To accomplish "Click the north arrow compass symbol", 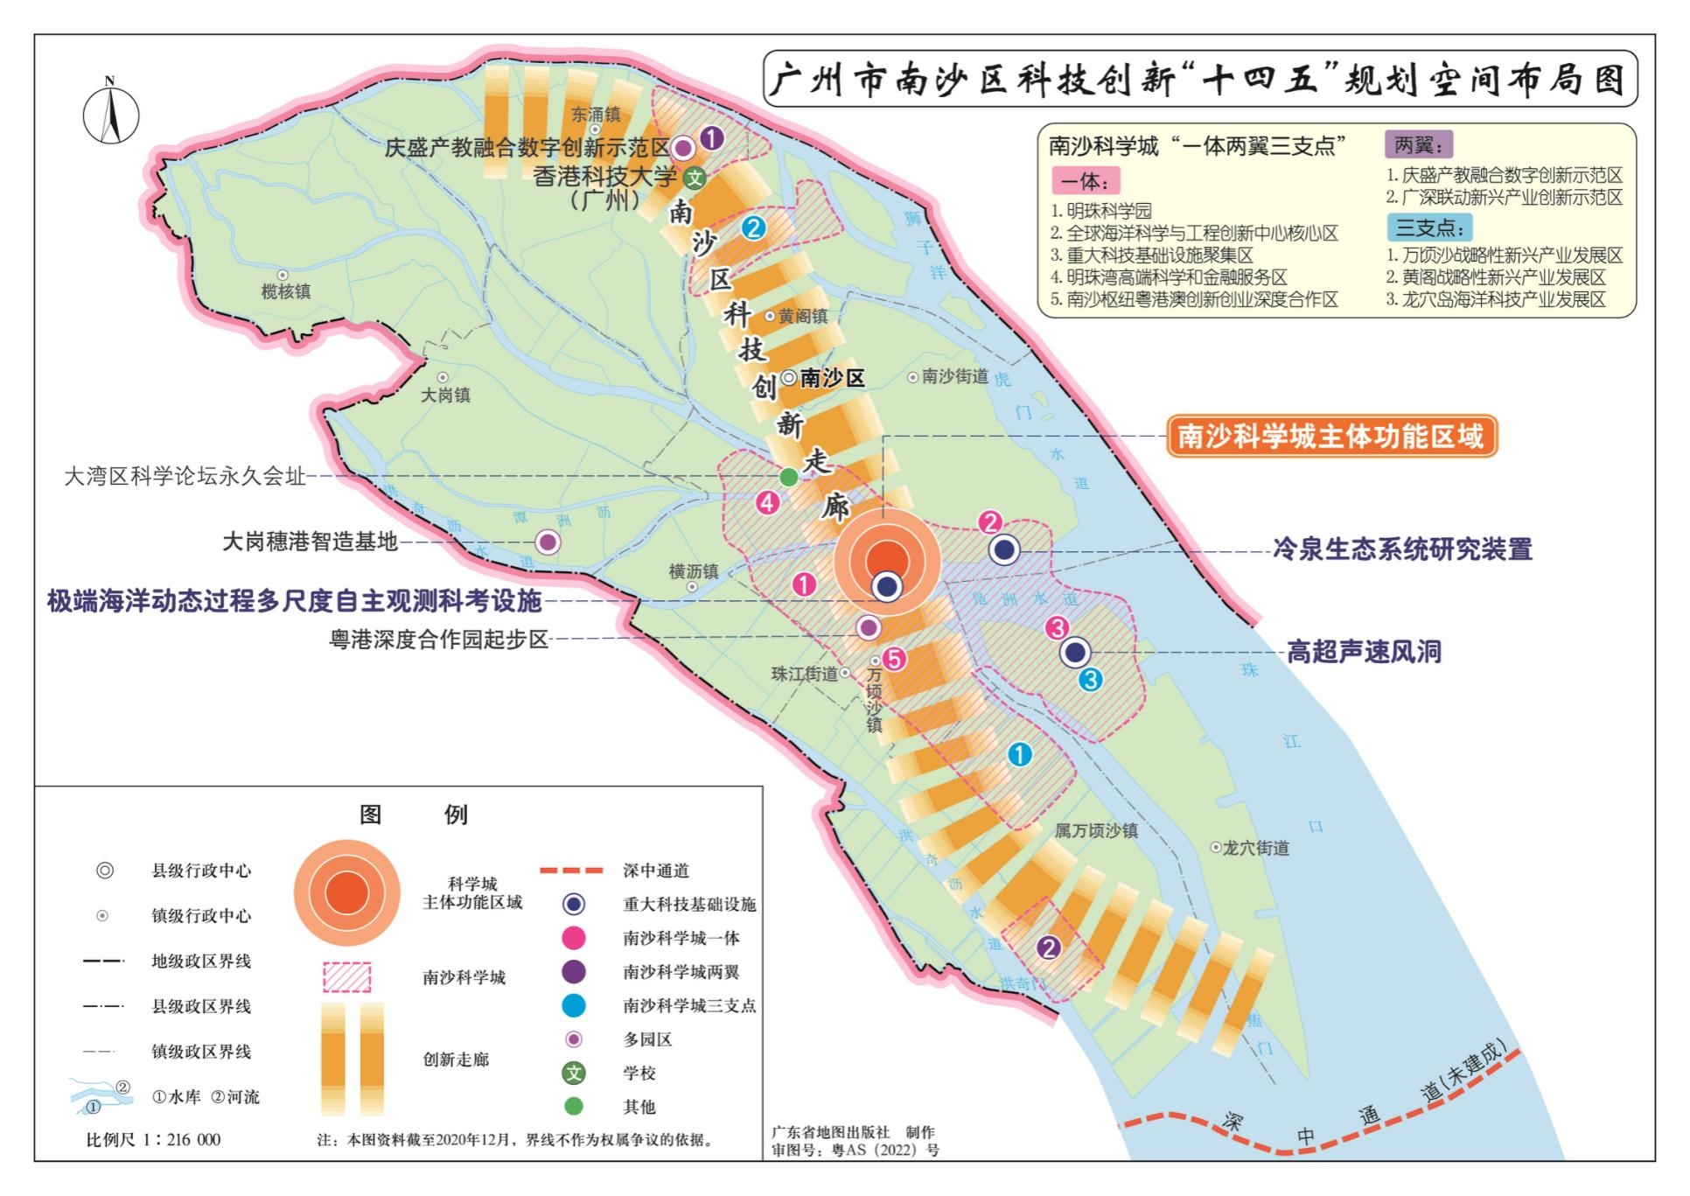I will (x=111, y=113).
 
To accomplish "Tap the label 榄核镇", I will (x=285, y=291).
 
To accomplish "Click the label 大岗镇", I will (x=445, y=395).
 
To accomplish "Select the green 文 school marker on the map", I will (x=695, y=178).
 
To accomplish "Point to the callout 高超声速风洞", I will (x=1364, y=652).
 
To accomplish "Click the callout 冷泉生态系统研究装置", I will (x=1402, y=549).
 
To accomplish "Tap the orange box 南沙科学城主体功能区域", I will (x=1330, y=437).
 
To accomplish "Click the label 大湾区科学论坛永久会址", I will (x=185, y=476).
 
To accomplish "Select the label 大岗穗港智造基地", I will (x=310, y=542).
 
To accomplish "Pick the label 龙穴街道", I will (x=1255, y=848).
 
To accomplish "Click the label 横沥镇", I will (x=694, y=571).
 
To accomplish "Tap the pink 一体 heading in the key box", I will (x=1085, y=181).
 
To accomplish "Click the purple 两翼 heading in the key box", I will (x=1418, y=144).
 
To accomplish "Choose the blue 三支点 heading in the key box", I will (x=1429, y=227).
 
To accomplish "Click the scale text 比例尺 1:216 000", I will (x=153, y=1139).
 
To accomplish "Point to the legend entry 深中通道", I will (x=656, y=871).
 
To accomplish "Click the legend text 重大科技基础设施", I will (x=689, y=904).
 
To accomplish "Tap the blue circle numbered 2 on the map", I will (x=753, y=228).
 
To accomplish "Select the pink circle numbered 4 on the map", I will (x=767, y=503).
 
